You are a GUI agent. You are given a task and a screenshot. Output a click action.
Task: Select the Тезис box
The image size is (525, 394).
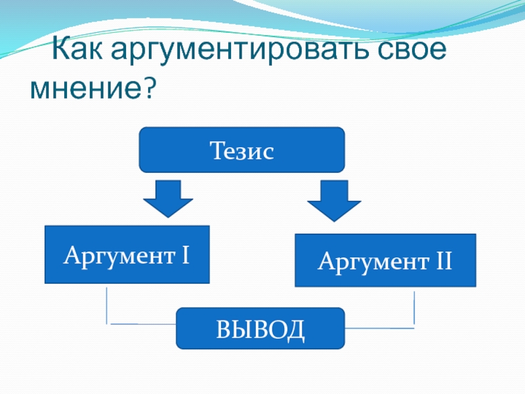point(241,150)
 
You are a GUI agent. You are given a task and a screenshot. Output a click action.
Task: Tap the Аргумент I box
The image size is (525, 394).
point(127,255)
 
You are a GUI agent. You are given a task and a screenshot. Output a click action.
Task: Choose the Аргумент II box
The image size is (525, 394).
point(385,261)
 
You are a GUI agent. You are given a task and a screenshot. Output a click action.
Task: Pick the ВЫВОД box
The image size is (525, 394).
point(261,328)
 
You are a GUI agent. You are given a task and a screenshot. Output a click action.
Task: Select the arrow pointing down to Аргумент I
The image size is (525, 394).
point(168,198)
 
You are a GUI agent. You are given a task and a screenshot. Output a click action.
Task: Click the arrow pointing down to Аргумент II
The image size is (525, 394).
point(335,200)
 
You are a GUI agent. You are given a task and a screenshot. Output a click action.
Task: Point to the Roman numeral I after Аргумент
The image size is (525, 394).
point(186,253)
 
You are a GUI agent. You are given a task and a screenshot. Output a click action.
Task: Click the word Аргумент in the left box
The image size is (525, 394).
point(117,255)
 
